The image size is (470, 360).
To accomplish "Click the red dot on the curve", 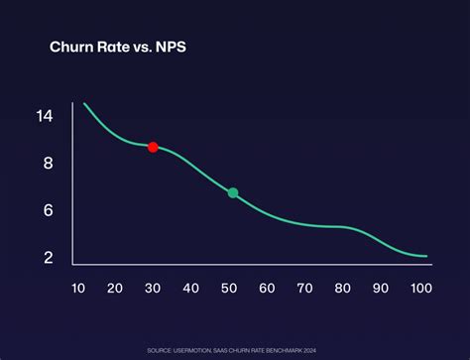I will coord(153,147).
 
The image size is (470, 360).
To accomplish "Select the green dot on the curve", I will coord(233,192).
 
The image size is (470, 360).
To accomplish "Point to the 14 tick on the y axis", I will coord(44,116).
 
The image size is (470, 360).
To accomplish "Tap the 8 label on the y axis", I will coord(46,163).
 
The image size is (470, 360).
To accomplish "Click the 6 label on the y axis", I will coord(46,210).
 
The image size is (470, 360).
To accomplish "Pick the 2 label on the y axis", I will coord(46,258).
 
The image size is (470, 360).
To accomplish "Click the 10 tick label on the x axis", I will coord(77,289).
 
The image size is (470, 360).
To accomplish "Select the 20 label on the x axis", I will coord(115,289).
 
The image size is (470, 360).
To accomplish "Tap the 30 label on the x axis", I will coord(153,289).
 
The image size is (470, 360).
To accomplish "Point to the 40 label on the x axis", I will coord(190,289).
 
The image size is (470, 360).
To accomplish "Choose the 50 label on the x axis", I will coord(229,289).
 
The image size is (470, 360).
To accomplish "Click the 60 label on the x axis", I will coord(267,289).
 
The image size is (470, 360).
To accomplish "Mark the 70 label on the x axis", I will coord(304,289).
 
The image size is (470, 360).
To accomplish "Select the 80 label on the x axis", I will coord(343,289).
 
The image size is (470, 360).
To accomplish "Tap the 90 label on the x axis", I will coord(381,289).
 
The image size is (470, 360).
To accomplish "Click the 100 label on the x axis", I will coord(420,289).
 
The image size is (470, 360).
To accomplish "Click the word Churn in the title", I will coord(72,46).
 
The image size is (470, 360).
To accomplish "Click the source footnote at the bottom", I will coord(235,350).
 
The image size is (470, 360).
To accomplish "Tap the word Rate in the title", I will coord(119,46).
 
